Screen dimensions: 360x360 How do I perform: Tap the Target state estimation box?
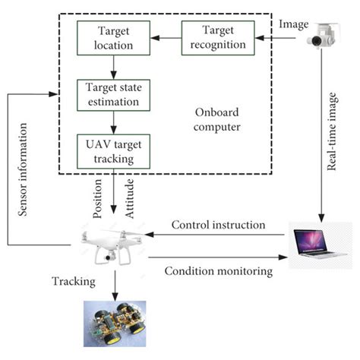pyautogui.click(x=114, y=94)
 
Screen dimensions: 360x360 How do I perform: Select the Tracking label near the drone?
pyautogui.click(x=73, y=281)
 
